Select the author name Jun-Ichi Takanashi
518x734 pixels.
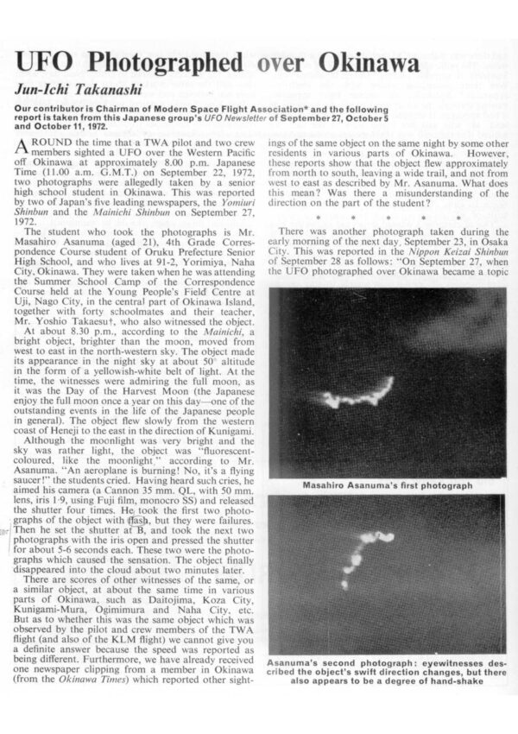[73, 91]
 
